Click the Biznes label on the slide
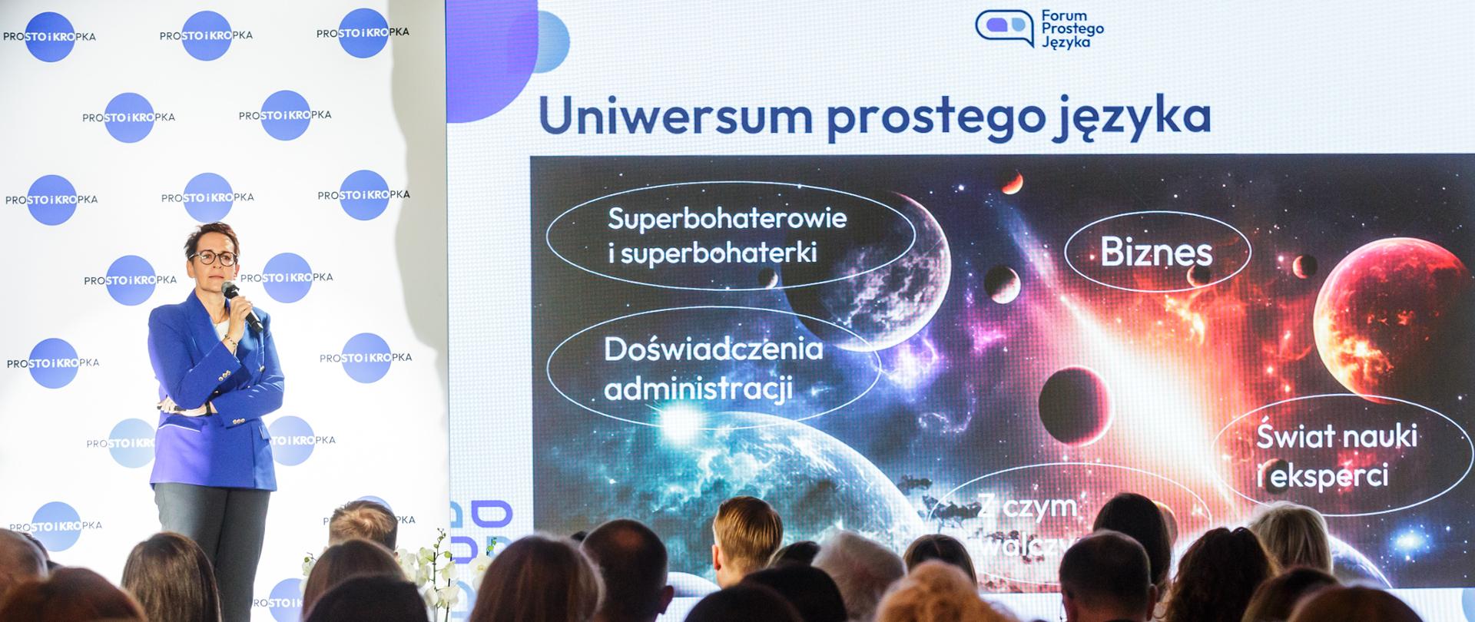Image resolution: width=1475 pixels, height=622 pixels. [x=1156, y=252]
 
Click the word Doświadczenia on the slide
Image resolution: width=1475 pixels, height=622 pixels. [x=714, y=349]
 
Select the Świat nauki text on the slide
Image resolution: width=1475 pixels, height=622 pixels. [x=1336, y=436]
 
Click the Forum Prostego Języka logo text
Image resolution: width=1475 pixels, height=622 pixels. [x=1072, y=29]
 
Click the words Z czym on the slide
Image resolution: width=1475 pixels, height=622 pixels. [x=1026, y=507]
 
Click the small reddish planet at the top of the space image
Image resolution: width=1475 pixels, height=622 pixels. [x=1011, y=182]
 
